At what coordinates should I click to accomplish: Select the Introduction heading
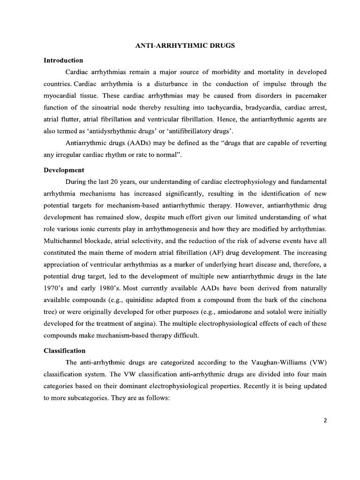[63, 60]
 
